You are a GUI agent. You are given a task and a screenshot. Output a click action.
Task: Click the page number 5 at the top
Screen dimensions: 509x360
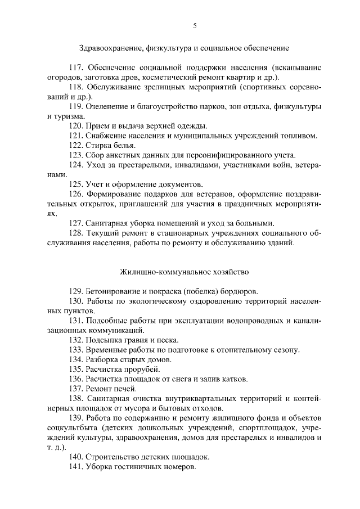195,25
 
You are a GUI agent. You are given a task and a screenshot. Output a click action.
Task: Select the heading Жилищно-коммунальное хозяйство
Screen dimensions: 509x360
184,272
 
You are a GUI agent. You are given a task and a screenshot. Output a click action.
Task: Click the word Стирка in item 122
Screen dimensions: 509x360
98,145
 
